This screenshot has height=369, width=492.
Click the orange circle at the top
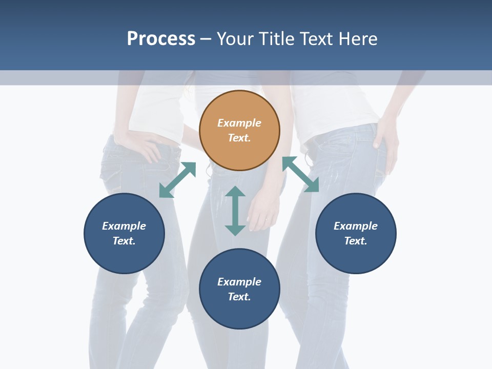pyautogui.click(x=239, y=131)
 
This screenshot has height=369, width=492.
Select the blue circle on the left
pyautogui.click(x=124, y=233)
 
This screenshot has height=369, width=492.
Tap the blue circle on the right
pyautogui.click(x=356, y=233)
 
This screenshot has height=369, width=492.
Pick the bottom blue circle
pyautogui.click(x=239, y=289)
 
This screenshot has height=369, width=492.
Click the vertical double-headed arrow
pyautogui.click(x=235, y=211)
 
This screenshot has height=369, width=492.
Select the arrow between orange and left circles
pyautogui.click(x=177, y=180)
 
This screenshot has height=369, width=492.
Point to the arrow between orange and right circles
pyautogui.click(x=300, y=174)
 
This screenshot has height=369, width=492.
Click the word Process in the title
pyautogui.click(x=161, y=39)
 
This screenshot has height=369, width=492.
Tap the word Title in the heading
pyautogui.click(x=278, y=39)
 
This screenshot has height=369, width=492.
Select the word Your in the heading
pyautogui.click(x=235, y=39)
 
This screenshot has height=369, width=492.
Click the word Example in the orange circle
pyautogui.click(x=239, y=123)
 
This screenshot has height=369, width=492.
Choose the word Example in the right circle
pyautogui.click(x=356, y=226)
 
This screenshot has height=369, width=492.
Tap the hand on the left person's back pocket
pyautogui.click(x=145, y=149)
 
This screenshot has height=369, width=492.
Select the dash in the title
pyautogui.click(x=206, y=39)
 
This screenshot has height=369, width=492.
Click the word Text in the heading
pyautogui.click(x=317, y=39)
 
